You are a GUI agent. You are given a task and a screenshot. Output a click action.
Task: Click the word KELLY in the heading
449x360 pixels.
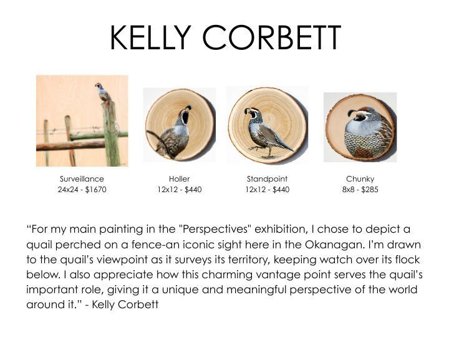[x=151, y=37]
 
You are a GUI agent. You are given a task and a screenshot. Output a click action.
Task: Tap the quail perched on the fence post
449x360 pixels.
[x=102, y=92]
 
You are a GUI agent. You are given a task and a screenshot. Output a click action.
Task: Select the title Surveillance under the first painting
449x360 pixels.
[x=82, y=179]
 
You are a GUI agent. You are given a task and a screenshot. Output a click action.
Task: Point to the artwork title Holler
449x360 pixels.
[x=179, y=179]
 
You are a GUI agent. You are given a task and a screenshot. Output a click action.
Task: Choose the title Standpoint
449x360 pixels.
[x=267, y=179]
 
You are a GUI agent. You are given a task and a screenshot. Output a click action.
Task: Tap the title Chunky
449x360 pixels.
[x=360, y=179]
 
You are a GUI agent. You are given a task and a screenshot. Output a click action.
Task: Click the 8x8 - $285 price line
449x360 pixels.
[x=360, y=190]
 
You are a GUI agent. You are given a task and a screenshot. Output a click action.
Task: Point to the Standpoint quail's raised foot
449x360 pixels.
[x=254, y=148]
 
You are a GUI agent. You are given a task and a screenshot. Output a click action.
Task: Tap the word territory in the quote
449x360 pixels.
[x=249, y=260]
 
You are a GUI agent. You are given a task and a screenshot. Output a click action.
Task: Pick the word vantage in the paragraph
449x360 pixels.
[x=278, y=275]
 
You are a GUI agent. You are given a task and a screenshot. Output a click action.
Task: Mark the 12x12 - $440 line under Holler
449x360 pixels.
[x=180, y=190]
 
